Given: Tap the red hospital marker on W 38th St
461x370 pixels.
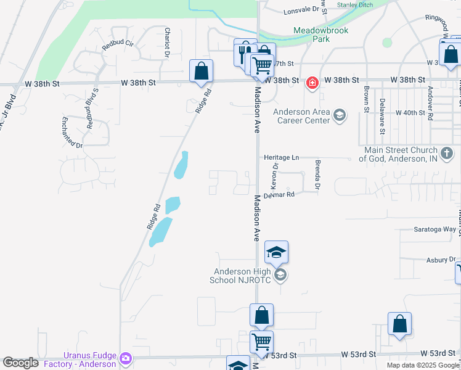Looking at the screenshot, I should click(x=312, y=82).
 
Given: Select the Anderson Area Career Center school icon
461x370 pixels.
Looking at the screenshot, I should click(x=339, y=115).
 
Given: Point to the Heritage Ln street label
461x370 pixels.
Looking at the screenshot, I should click(x=282, y=158).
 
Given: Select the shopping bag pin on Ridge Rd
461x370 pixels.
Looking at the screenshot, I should click(x=202, y=72).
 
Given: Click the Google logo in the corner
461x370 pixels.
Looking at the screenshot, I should click(x=20, y=363).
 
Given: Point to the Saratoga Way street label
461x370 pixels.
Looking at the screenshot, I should click(x=434, y=229).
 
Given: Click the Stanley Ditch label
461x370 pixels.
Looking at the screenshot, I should click(x=355, y=5).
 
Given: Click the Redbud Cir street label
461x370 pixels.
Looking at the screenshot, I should click(x=118, y=44).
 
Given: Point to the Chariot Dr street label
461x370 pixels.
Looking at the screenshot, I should click(x=167, y=41).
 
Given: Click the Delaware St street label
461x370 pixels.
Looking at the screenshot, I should click(x=382, y=116).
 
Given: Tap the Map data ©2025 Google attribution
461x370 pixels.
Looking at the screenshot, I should click(x=422, y=365).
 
